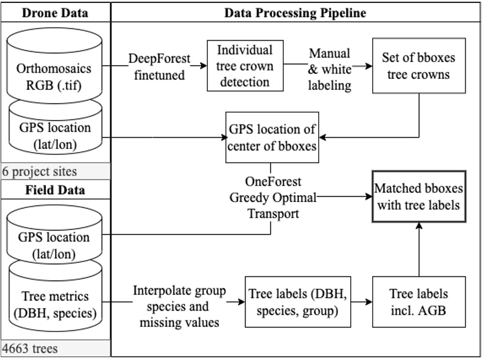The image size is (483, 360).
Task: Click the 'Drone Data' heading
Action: pyautogui.click(x=55, y=13)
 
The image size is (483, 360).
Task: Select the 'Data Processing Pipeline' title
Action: pyautogui.click(x=295, y=13)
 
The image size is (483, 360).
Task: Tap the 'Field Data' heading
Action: pyautogui.click(x=55, y=190)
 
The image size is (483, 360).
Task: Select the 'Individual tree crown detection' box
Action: pyautogui.click(x=246, y=66)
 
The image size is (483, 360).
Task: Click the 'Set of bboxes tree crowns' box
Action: pyautogui.click(x=419, y=66)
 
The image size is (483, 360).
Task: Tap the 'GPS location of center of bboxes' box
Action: pyautogui.click(x=272, y=138)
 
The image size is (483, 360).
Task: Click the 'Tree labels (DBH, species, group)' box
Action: pyautogui.click(x=298, y=303)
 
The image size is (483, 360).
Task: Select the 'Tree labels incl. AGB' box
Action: pyautogui.click(x=419, y=303)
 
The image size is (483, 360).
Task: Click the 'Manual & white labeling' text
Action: pyautogui.click(x=329, y=69)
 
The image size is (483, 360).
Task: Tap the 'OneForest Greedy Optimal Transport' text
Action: pyautogui.click(x=272, y=197)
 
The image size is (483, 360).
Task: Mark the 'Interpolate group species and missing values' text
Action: pyautogui.click(x=179, y=306)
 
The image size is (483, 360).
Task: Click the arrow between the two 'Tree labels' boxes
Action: pyautogui.click(x=361, y=303)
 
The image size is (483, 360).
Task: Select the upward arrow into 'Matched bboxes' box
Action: pyautogui.click(x=419, y=250)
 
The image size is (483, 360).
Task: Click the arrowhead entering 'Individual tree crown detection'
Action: pyautogui.click(x=203, y=66)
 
